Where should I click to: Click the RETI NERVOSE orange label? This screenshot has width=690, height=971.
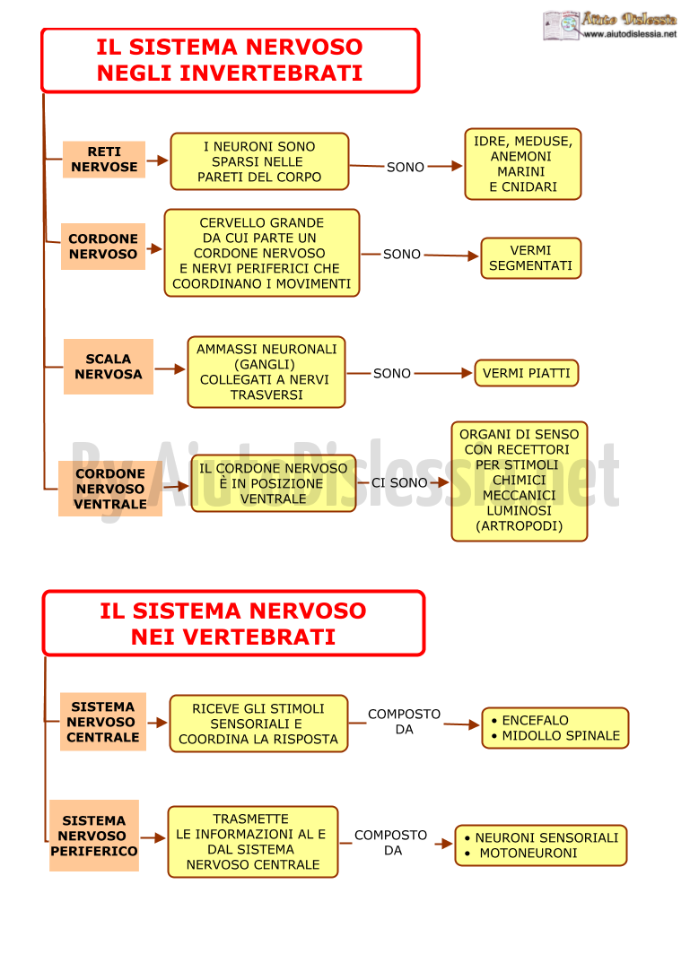point(104,160)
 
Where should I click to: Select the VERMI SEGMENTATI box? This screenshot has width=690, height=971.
point(530,258)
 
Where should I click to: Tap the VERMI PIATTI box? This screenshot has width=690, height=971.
point(527,373)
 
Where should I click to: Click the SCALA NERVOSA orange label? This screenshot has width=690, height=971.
point(109,367)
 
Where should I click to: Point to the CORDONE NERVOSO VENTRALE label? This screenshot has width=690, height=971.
point(110,489)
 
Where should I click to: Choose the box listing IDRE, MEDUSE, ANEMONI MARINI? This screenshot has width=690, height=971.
point(522,164)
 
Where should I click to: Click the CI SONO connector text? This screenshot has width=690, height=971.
point(399,482)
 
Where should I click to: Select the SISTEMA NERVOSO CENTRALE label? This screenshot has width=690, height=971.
point(103,722)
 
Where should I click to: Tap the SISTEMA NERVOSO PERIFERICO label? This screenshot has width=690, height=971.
point(94,836)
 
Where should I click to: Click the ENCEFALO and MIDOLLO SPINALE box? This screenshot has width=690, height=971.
point(555,728)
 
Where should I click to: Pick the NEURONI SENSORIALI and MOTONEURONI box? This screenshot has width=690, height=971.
point(540,845)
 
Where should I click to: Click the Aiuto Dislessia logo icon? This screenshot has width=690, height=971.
point(561,25)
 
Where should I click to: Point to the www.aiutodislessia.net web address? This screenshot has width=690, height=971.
point(630,34)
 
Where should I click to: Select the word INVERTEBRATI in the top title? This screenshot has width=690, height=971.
point(271,74)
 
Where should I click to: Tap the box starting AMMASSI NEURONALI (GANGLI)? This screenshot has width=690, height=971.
point(266,372)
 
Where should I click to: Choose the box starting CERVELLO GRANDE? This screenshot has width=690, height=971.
point(262,253)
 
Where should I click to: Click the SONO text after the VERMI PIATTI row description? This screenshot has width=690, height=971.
point(392,373)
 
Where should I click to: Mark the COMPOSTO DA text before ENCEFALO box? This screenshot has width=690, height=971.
point(404,722)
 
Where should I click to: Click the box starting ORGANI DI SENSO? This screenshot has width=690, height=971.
point(519,481)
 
